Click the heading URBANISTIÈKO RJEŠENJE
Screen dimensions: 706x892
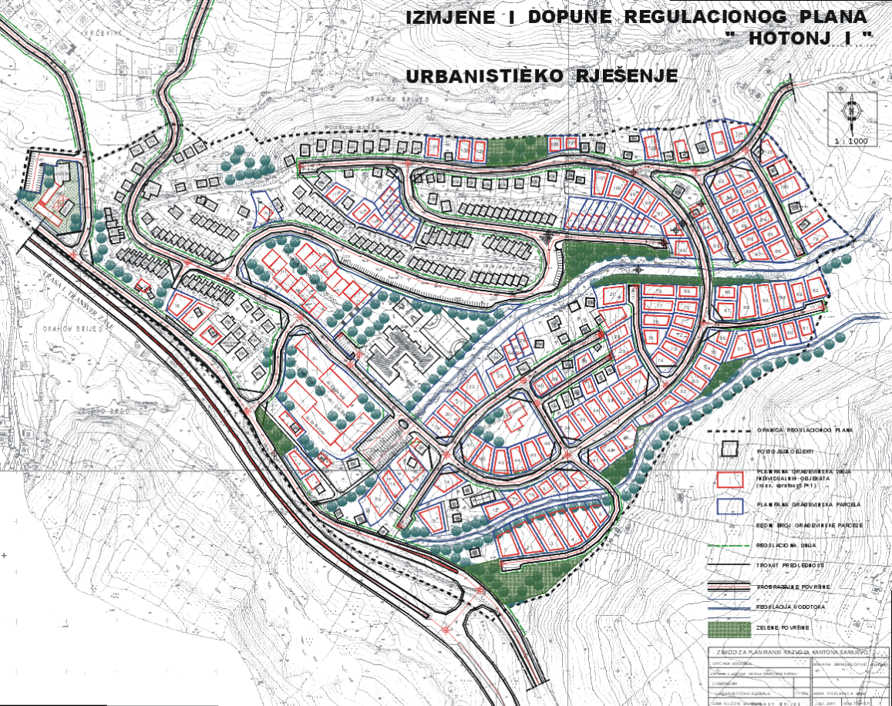click(x=541, y=76)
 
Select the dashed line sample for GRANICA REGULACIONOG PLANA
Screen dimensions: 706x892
click(x=729, y=429)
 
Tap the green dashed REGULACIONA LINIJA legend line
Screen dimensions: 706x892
click(x=729, y=545)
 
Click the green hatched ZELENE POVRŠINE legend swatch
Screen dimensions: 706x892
click(x=729, y=629)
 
